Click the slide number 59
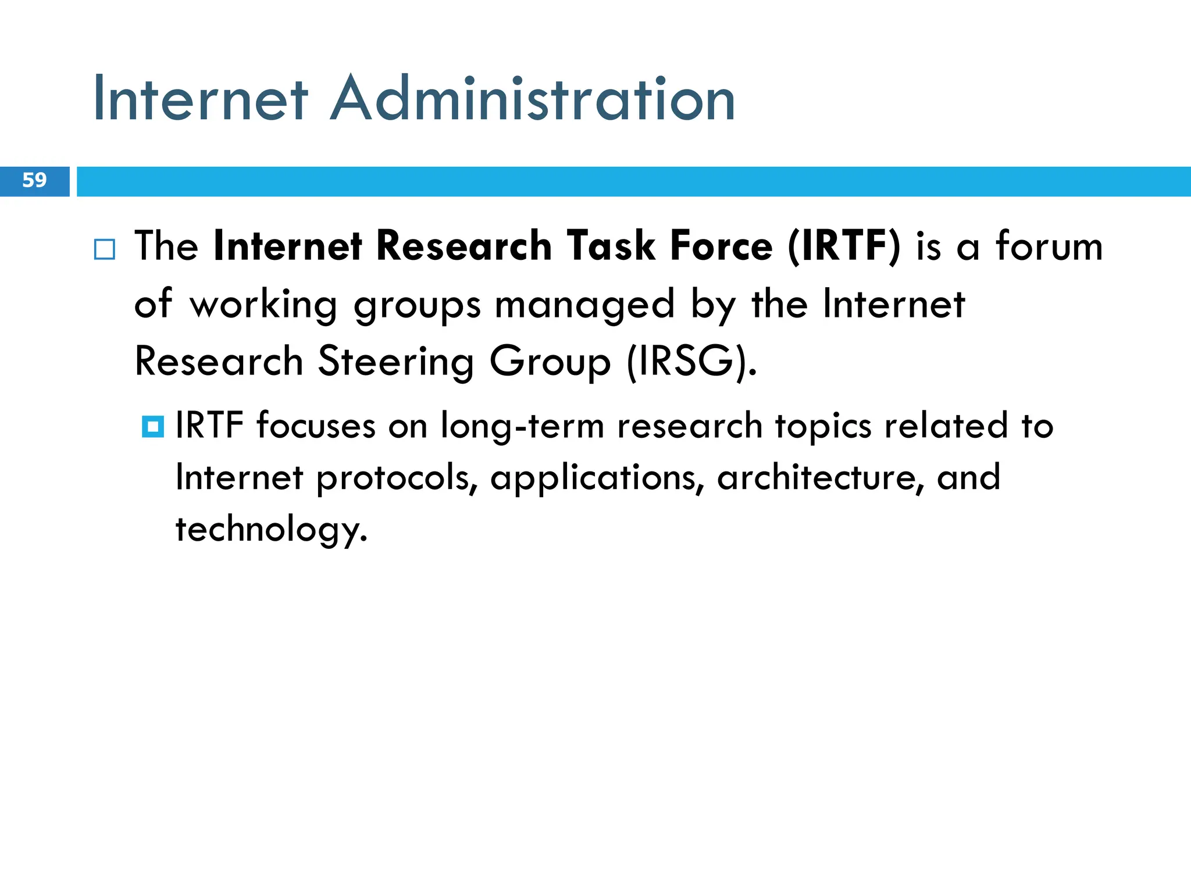coord(34,180)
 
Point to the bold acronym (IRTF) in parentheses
coord(844,247)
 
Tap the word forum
coord(1049,247)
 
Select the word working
coord(263,305)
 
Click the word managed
coord(584,305)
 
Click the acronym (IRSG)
coord(691,362)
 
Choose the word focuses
coord(316,426)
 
